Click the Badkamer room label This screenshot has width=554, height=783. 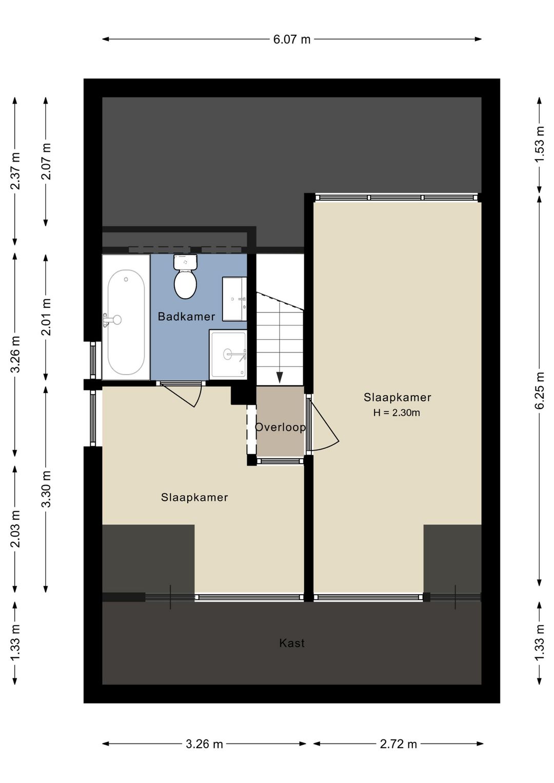coord(186,317)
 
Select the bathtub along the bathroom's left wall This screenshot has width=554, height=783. coord(126,322)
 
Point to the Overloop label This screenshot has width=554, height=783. coord(280,427)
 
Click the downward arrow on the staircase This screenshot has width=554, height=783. coord(280,377)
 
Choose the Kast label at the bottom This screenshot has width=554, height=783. coord(292,643)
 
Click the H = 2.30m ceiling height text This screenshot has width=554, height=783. coord(397,413)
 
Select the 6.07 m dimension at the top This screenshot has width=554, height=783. coord(291,40)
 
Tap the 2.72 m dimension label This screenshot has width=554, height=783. coord(398,744)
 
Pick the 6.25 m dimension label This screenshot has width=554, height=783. coord(540,390)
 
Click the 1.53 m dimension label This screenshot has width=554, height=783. coord(540,144)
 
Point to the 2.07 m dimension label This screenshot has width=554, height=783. coord(46,162)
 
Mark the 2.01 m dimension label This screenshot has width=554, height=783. coord(46,317)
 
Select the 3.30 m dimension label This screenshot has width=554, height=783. coord(46,488)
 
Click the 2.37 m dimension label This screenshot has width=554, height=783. coord(15,171)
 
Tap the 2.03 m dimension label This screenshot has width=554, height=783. coord(15,528)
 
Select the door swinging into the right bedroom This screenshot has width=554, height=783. coord(323,423)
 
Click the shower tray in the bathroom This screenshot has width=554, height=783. coord(228,354)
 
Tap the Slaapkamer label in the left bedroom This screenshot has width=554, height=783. coord(194,497)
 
